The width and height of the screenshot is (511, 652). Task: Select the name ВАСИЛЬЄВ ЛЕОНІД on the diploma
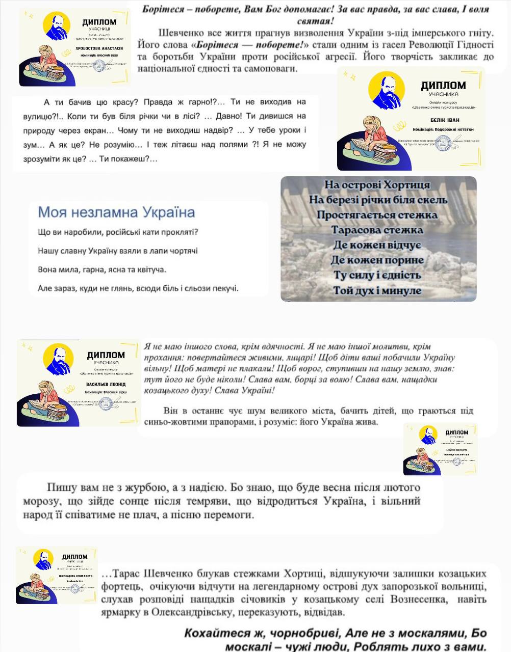[x=106, y=384]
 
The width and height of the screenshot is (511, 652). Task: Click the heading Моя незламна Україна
[x=116, y=212]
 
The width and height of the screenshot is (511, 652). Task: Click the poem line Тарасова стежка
[x=377, y=230]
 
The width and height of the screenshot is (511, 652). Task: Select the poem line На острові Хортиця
[x=377, y=184]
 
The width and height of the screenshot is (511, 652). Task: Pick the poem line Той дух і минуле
[x=377, y=291]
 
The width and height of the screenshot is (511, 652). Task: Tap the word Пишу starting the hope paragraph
[x=61, y=487]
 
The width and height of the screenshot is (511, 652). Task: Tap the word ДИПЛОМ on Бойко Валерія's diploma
[x=456, y=432]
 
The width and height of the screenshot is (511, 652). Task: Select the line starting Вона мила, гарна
[x=102, y=269]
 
